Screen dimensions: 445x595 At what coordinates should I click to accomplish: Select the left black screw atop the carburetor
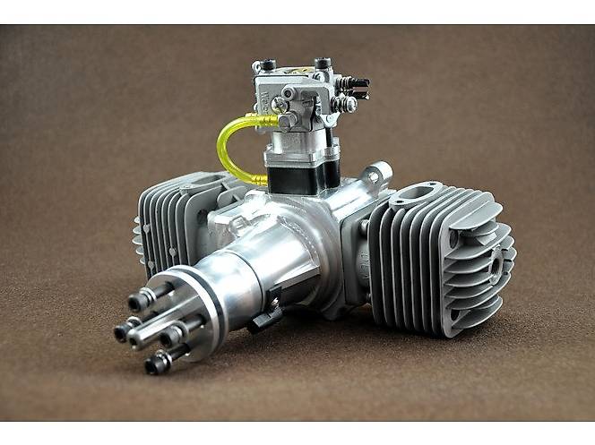coord(268,65)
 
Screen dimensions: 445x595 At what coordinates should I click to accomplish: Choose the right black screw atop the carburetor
coord(323,63)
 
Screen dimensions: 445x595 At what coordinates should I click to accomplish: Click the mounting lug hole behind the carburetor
coord(379,169)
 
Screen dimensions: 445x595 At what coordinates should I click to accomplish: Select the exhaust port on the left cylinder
coord(203,185)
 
